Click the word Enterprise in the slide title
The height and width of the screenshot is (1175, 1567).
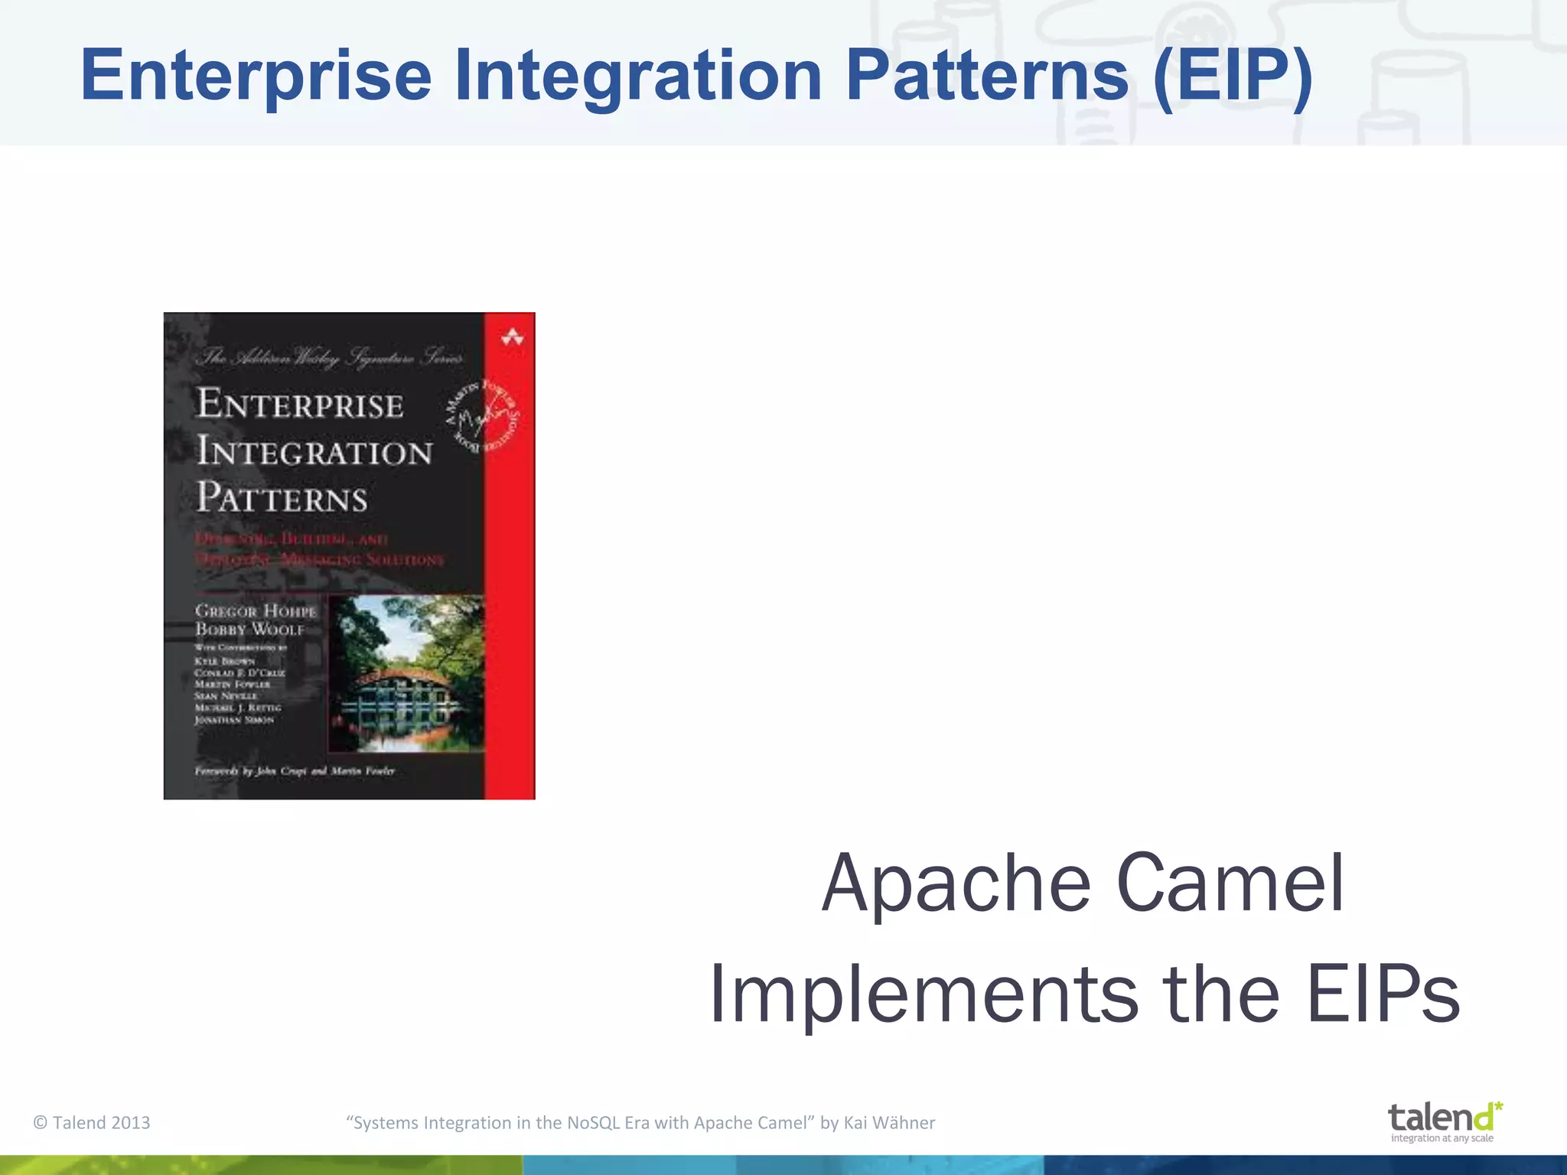click(256, 76)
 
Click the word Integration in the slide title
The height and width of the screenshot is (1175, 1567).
click(637, 76)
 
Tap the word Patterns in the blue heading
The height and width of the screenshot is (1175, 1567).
click(987, 76)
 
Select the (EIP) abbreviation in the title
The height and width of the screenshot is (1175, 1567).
click(1233, 76)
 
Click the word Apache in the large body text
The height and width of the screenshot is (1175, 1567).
click(956, 885)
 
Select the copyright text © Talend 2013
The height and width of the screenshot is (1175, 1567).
click(92, 1123)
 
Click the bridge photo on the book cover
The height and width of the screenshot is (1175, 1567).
click(406, 673)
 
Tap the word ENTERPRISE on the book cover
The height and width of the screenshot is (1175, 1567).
click(300, 404)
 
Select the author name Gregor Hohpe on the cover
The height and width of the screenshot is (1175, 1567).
click(255, 610)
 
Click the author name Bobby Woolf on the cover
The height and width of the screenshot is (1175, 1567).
click(249, 630)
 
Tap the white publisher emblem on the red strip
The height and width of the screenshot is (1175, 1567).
click(512, 337)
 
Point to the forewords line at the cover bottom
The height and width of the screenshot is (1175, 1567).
click(295, 770)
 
